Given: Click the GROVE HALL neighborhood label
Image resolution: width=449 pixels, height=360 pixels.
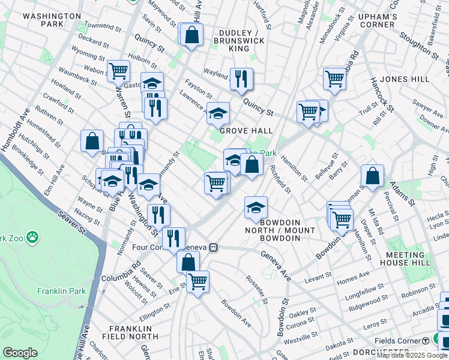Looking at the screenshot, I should click(x=246, y=131).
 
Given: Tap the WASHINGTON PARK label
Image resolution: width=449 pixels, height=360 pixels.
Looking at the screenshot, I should click(x=52, y=20).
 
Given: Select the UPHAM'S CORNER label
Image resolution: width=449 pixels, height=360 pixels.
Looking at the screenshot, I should click(x=377, y=20).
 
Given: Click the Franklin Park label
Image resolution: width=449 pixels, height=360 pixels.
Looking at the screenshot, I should click(x=61, y=292).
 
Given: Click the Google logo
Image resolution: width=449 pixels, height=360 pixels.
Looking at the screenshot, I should click(x=20, y=353).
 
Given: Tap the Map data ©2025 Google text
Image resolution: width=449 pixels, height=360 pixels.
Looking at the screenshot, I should click(x=412, y=355).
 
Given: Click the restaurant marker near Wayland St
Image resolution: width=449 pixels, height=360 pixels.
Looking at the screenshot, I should click(x=241, y=77).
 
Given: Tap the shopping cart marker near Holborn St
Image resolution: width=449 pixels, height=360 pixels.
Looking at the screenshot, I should click(x=119, y=71).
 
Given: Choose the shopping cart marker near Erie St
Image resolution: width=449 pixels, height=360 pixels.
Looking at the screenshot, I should click(x=197, y=280).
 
